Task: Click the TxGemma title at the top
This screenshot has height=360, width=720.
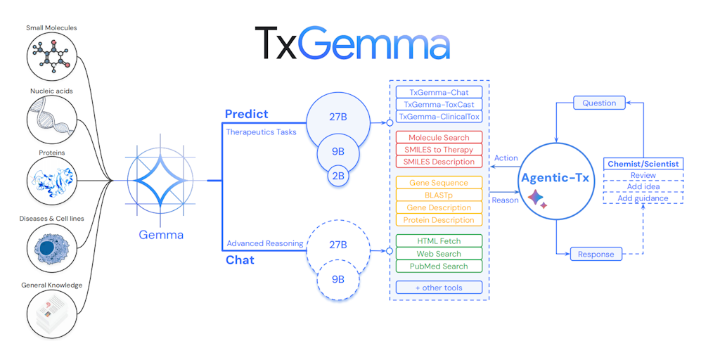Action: tap(352, 43)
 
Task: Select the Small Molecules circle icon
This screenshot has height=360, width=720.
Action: tap(51, 57)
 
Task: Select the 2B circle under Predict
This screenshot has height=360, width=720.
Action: tap(337, 176)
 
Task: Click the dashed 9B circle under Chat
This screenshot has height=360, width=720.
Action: tap(337, 279)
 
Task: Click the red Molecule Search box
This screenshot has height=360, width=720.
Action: tap(439, 137)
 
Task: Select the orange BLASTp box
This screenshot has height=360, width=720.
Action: tap(439, 195)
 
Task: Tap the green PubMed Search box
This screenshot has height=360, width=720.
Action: tap(439, 266)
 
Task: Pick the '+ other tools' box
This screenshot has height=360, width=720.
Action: tap(439, 287)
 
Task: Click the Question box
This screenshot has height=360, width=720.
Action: tap(599, 103)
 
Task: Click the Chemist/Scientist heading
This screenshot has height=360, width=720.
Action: tap(643, 164)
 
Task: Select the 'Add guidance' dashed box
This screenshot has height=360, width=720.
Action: tap(643, 198)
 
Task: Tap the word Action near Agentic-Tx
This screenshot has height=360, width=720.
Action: tap(506, 158)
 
